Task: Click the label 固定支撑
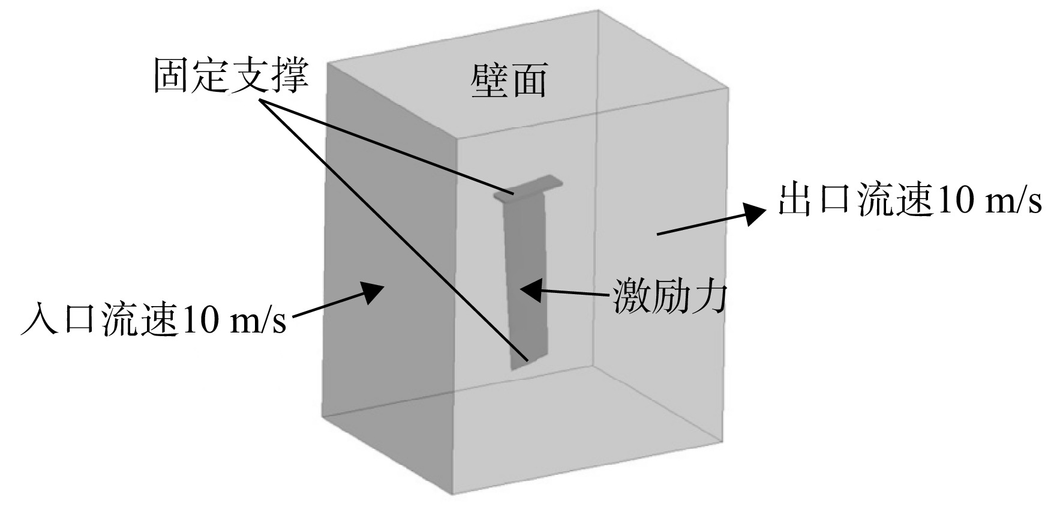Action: point(231,75)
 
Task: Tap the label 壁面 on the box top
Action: point(509,81)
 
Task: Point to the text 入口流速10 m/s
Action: point(153,318)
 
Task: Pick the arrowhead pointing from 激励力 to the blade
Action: point(530,291)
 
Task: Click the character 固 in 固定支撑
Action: point(172,75)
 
